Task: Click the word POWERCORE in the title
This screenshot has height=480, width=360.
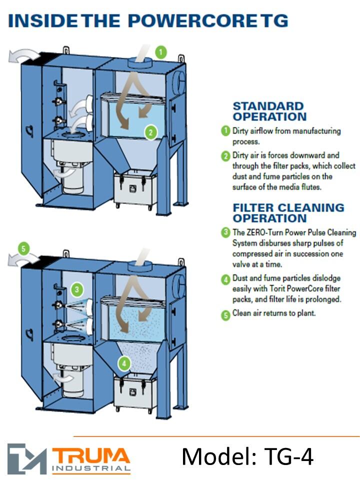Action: point(192,21)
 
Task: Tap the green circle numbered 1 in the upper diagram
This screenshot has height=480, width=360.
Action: point(161,52)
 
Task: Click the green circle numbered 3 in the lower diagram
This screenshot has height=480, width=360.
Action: point(77,289)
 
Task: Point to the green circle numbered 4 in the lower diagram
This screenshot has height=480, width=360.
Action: point(124,363)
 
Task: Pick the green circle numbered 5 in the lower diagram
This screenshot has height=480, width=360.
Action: point(24,248)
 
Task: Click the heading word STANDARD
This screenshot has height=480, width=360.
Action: point(268,106)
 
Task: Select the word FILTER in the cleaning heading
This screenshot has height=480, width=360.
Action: point(253,208)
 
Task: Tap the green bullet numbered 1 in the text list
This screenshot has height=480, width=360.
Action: point(225,130)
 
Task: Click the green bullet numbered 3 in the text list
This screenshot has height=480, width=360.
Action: point(225,232)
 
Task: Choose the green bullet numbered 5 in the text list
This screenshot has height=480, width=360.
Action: point(225,315)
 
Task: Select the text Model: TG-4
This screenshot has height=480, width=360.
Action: point(247,456)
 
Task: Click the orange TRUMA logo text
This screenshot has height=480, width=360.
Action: point(91,456)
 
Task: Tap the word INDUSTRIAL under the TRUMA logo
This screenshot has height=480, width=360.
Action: point(91,468)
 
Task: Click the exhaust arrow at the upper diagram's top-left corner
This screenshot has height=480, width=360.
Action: point(23,56)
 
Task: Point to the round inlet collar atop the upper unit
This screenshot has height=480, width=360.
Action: point(139,62)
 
